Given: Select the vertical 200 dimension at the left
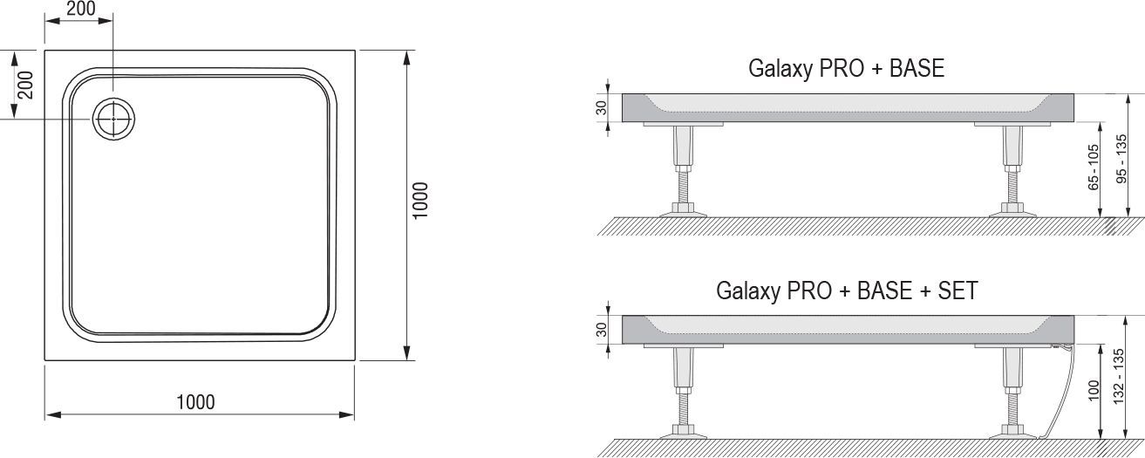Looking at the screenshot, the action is [x=24, y=85].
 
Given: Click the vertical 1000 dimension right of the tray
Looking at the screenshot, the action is [x=419, y=201].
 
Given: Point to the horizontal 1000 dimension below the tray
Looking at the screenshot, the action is [x=195, y=402].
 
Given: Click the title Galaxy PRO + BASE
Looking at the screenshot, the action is [x=846, y=69].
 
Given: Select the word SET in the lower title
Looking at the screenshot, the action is [x=958, y=291].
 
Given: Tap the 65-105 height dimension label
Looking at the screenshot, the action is [x=1093, y=167].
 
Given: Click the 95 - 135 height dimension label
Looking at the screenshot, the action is [x=1121, y=159].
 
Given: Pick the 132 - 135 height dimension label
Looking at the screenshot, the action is [x=1119, y=377].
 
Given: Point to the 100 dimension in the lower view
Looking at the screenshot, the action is [x=1094, y=391].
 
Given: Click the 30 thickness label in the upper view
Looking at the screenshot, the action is [x=602, y=107].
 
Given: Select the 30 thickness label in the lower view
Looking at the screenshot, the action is [x=602, y=330].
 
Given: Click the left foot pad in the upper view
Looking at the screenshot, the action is [x=683, y=210].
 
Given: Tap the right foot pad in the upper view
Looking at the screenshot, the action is [x=1012, y=210].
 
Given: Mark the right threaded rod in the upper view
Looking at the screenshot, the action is [x=1012, y=188].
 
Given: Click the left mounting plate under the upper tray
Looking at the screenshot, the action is [x=683, y=124].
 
